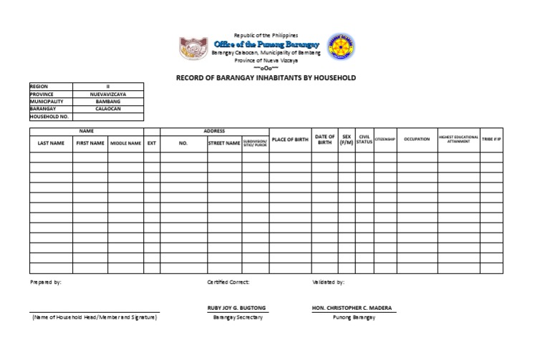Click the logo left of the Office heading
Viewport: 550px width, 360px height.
click(x=193, y=48)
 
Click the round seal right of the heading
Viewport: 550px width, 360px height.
click(x=340, y=47)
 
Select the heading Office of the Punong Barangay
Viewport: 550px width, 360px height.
click(x=266, y=44)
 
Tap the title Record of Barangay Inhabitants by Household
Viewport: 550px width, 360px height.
click(x=266, y=77)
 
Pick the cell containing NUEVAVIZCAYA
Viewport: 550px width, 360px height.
click(x=108, y=94)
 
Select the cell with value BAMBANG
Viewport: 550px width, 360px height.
click(x=108, y=102)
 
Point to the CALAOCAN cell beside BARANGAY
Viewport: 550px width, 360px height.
click(x=108, y=109)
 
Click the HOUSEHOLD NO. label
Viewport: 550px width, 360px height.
click(x=49, y=117)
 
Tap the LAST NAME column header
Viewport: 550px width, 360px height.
click(x=51, y=142)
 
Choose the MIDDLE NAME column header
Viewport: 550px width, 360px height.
click(x=125, y=142)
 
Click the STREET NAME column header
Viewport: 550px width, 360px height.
click(x=224, y=142)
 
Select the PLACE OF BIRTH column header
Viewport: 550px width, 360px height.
click(x=290, y=140)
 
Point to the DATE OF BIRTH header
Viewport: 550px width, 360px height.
click(x=325, y=140)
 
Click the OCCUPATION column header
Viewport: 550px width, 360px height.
click(x=417, y=140)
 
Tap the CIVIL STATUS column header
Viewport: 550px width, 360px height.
click(x=364, y=140)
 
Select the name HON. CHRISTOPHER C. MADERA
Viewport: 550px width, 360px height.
click(x=352, y=308)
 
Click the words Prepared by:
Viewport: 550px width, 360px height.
click(x=46, y=282)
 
